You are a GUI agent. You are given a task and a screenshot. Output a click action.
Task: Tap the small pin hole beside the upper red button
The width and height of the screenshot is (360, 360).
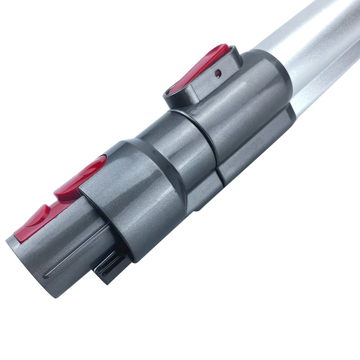pos(218,72)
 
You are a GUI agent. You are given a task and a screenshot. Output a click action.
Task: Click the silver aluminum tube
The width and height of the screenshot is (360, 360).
pos(310,40)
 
